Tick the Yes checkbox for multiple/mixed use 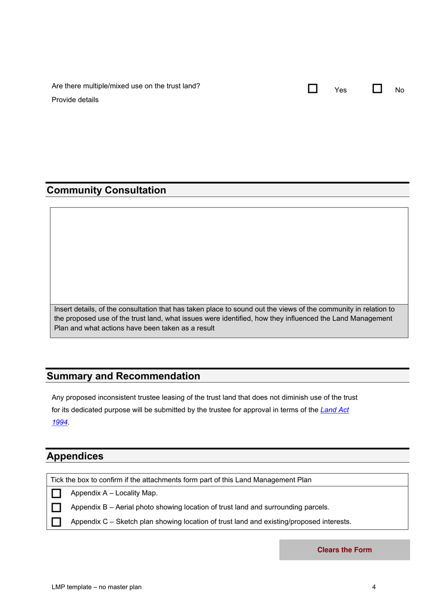tap(313, 88)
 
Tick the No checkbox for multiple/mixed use tap(377, 88)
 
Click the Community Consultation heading tap(106, 190)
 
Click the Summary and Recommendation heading tap(123, 376)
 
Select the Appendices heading tap(75, 456)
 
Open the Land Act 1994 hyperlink tap(334, 410)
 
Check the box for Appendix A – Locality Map tap(56, 493)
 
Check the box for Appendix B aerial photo tap(56, 508)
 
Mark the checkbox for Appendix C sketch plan tap(56, 522)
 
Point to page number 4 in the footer tap(374, 587)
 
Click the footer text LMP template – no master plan tap(96, 587)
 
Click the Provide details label tap(75, 100)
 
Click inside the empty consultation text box tap(229, 256)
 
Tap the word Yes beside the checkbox tap(341, 90)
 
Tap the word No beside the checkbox tap(400, 90)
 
